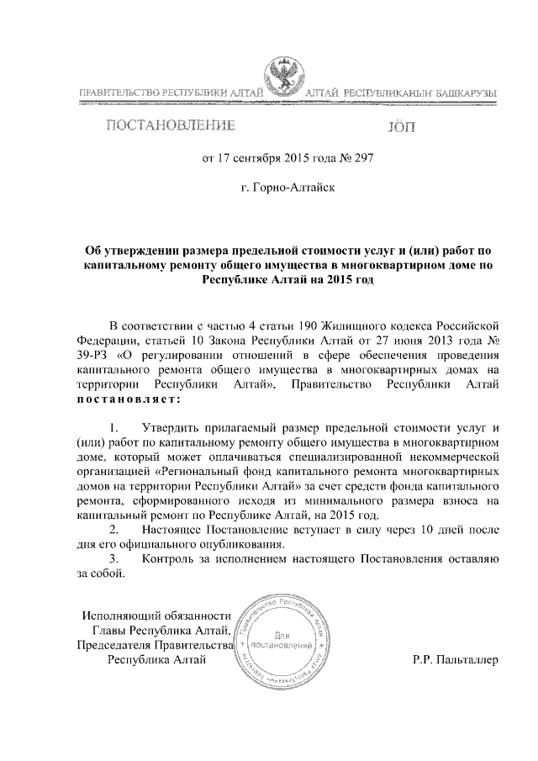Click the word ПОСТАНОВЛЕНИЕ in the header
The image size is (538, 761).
[169, 128]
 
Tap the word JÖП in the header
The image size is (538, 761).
[400, 129]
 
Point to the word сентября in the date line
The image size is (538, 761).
[256, 159]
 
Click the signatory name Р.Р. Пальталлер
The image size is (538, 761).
[456, 659]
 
